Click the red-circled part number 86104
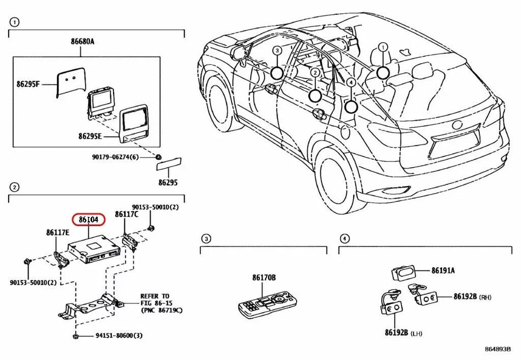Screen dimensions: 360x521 click(x=88, y=220)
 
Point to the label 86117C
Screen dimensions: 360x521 click(x=127, y=215)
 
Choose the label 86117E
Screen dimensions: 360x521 click(x=58, y=233)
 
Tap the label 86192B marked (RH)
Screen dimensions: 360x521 click(x=466, y=296)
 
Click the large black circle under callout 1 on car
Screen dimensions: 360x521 click(x=382, y=71)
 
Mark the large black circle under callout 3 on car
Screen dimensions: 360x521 click(x=277, y=72)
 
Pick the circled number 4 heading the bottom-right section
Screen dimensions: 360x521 click(x=344, y=239)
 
